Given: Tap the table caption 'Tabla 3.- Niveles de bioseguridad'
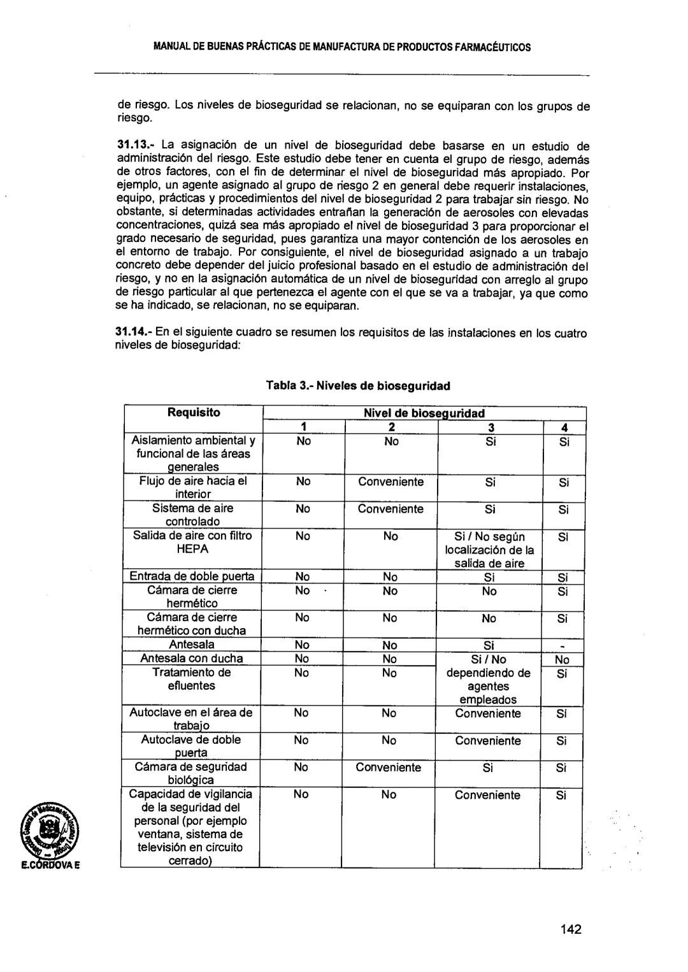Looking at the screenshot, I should point(358,385).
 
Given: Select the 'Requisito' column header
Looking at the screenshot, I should point(194,413).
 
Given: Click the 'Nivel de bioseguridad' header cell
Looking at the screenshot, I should point(424,413).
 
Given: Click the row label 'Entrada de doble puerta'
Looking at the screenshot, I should point(192,576).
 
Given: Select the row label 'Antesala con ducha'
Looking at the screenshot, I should point(192,659).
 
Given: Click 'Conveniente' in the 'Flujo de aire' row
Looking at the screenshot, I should point(391,482).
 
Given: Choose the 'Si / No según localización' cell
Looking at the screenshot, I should point(490,550).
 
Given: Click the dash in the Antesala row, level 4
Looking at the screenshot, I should point(562,646).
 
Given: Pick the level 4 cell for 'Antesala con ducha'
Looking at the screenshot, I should point(562,660).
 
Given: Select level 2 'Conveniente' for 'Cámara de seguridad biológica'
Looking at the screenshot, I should point(389,768).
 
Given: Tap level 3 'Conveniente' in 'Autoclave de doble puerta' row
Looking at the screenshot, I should point(488,741).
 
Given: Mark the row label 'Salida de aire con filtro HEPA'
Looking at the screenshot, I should point(192,542).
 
